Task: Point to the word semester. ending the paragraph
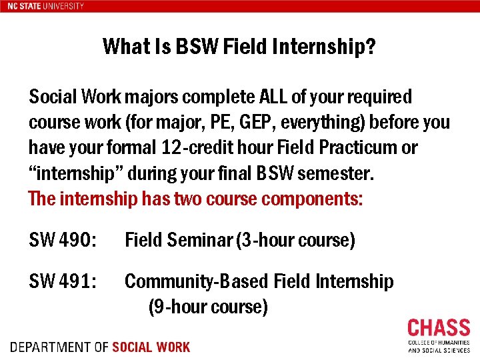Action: tap(337, 173)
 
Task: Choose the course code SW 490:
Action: tap(63, 240)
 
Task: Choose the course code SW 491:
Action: tap(63, 281)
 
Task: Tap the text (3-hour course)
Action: tap(295, 240)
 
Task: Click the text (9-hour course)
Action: tap(208, 307)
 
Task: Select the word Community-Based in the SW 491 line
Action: tap(197, 281)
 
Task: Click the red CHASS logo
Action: tap(439, 329)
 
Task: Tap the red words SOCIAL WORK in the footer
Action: tap(151, 347)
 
